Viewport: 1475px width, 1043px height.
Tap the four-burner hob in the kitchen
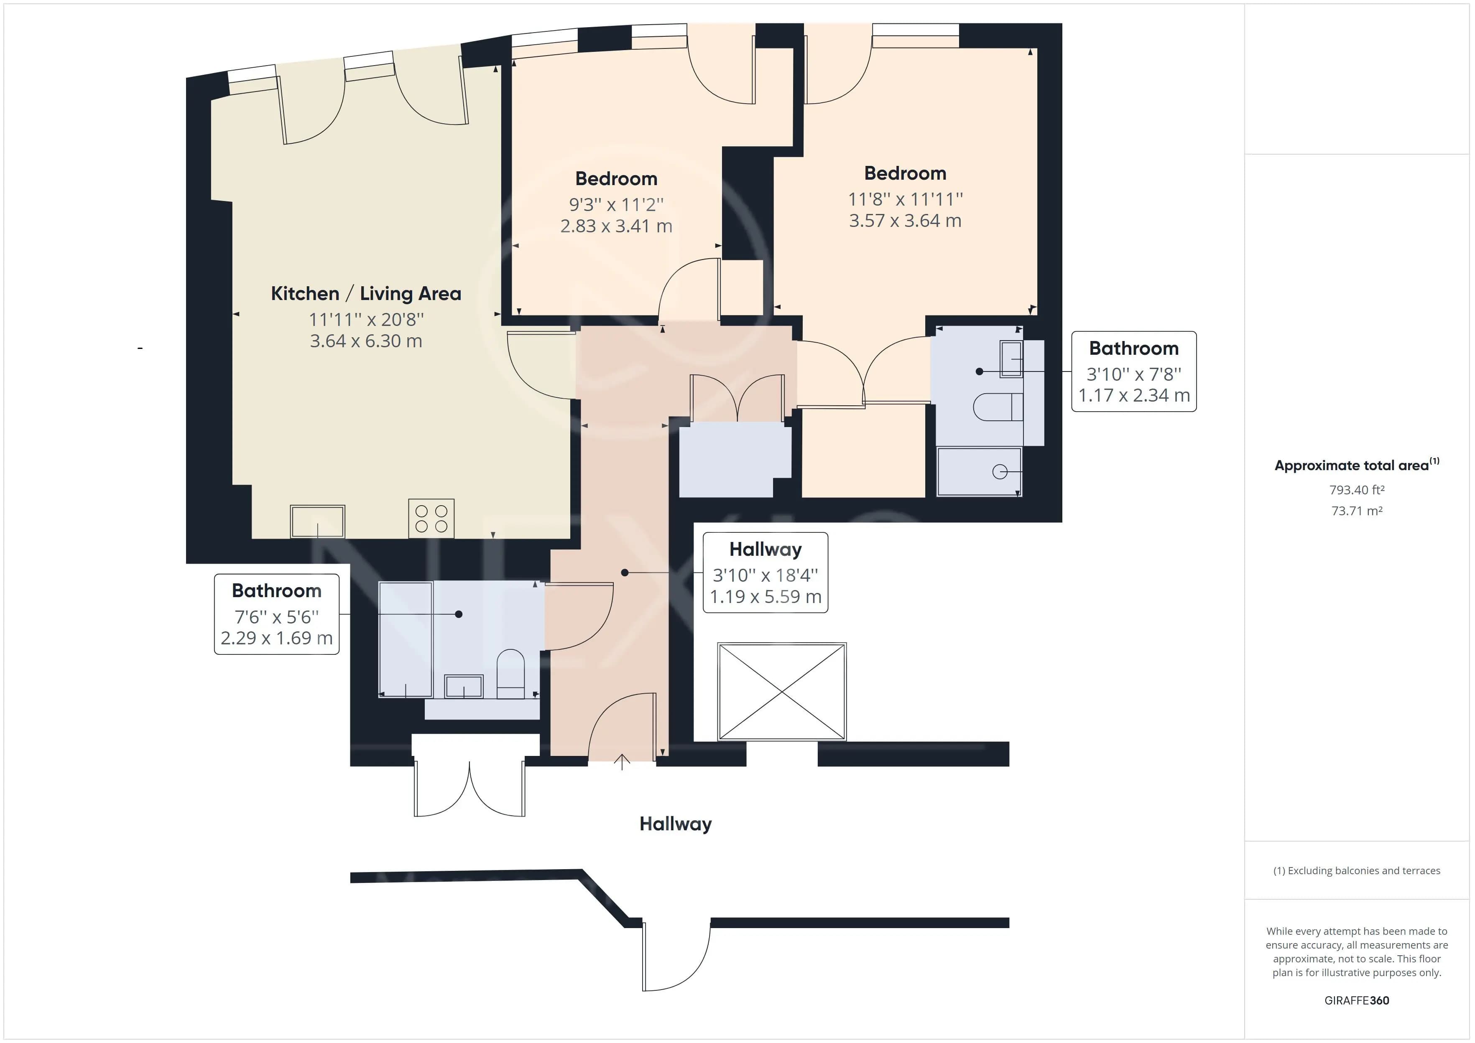431,518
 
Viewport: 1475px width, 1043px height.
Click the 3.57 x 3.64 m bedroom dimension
905,221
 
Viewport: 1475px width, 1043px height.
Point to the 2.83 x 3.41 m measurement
616,226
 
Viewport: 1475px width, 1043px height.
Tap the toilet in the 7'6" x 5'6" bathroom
511,674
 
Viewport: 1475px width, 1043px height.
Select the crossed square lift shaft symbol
782,692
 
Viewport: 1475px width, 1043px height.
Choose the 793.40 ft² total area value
1357,490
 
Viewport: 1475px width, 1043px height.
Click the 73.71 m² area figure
1357,511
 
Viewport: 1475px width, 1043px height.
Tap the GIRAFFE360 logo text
1357,1000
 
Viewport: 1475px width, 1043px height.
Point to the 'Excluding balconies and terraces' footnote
1357,871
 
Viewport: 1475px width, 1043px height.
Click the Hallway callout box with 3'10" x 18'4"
765,572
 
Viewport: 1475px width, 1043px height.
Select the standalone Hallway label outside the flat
675,824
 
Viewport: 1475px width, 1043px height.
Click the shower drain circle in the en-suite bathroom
1000,472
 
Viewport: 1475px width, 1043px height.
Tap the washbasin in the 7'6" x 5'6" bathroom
464,686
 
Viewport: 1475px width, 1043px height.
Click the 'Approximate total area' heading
1357,465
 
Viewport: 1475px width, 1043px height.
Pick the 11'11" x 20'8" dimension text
366,319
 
